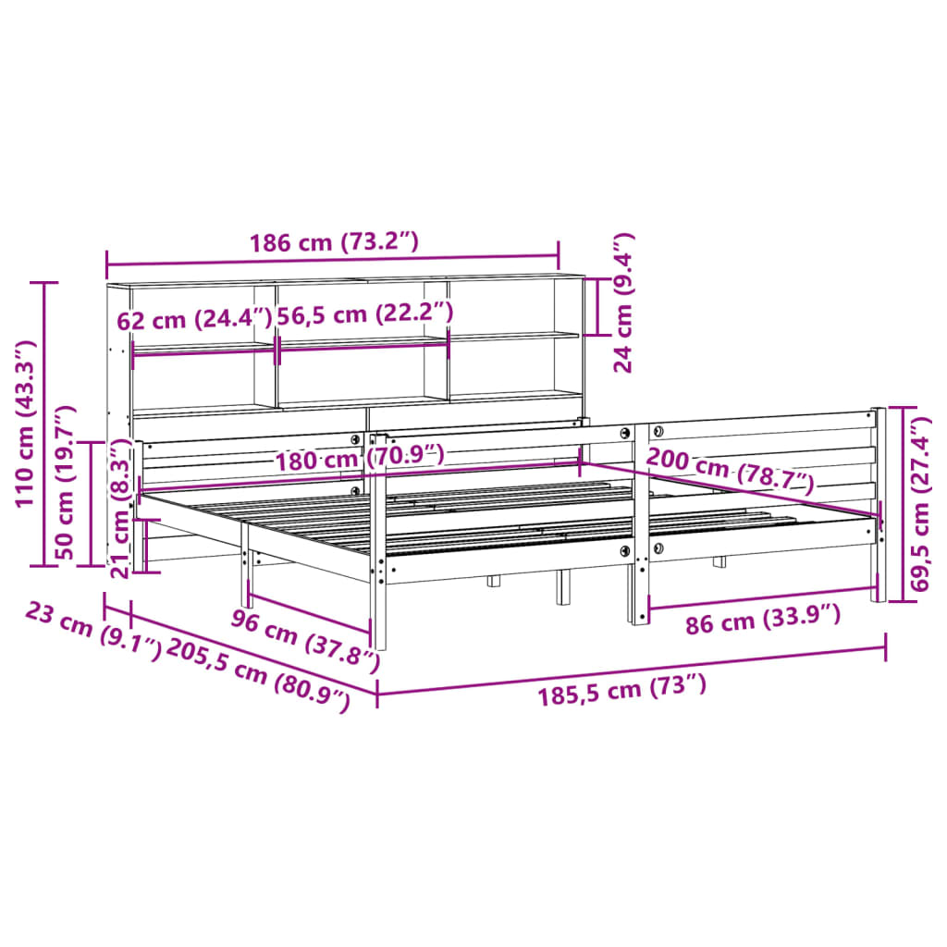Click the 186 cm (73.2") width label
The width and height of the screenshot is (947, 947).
334,243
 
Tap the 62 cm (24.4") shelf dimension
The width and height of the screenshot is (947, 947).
194,320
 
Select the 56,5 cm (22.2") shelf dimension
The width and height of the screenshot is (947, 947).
364,314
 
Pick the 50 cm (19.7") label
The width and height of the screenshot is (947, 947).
67,482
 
